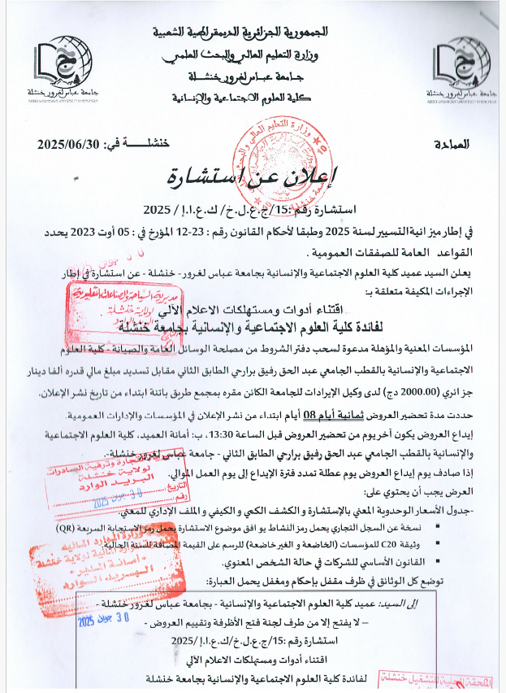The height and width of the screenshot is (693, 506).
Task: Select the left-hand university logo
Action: click(x=60, y=66)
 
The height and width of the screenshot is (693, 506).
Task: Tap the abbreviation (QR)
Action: click(x=83, y=528)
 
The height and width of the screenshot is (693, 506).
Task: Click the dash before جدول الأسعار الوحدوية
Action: click(x=495, y=511)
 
